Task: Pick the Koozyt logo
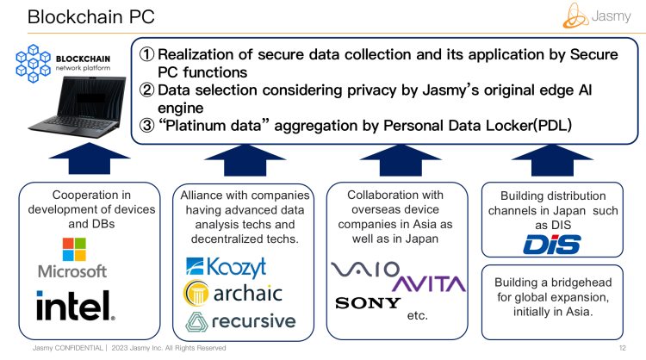coord(227,265)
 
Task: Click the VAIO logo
coord(365,270)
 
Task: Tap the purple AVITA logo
coord(428,283)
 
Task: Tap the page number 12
coord(622,348)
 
